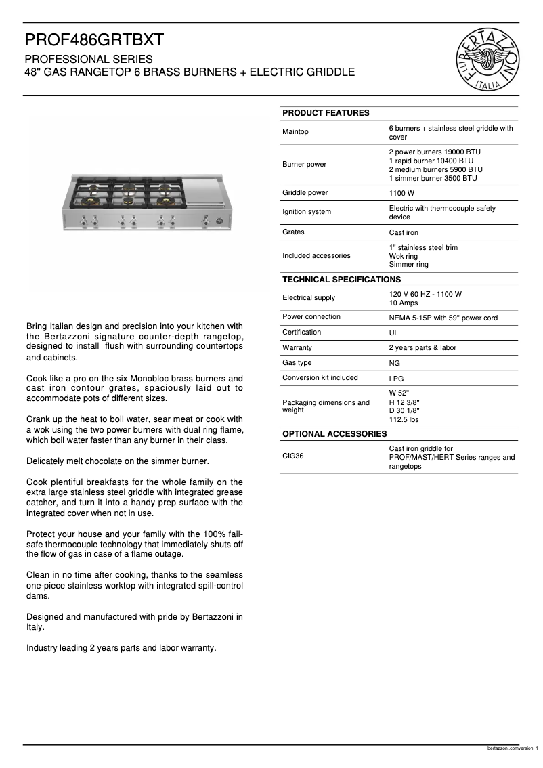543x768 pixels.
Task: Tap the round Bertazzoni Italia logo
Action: (488, 59)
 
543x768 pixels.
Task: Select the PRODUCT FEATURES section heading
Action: (326, 113)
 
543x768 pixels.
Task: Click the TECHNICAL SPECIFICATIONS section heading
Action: (341, 279)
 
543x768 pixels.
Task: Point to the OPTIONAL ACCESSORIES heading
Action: (334, 433)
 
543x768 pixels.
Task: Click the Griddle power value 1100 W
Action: (401, 194)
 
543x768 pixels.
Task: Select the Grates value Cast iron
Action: (404, 233)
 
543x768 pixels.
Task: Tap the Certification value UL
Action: (394, 333)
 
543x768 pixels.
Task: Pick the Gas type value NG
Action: (395, 363)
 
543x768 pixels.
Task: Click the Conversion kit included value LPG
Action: (396, 379)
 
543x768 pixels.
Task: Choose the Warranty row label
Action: (297, 347)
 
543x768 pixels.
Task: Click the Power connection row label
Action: (311, 317)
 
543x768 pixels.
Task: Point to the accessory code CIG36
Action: (293, 456)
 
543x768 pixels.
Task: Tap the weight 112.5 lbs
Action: (404, 420)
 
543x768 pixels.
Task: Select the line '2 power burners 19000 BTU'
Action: (435, 152)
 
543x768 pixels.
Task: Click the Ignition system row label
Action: (307, 212)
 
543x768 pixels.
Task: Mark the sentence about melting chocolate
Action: (117, 461)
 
